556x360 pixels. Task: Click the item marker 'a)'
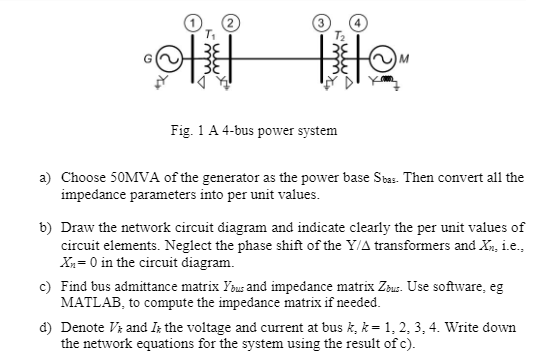[45, 177]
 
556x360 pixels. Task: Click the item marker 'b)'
[45, 228]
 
